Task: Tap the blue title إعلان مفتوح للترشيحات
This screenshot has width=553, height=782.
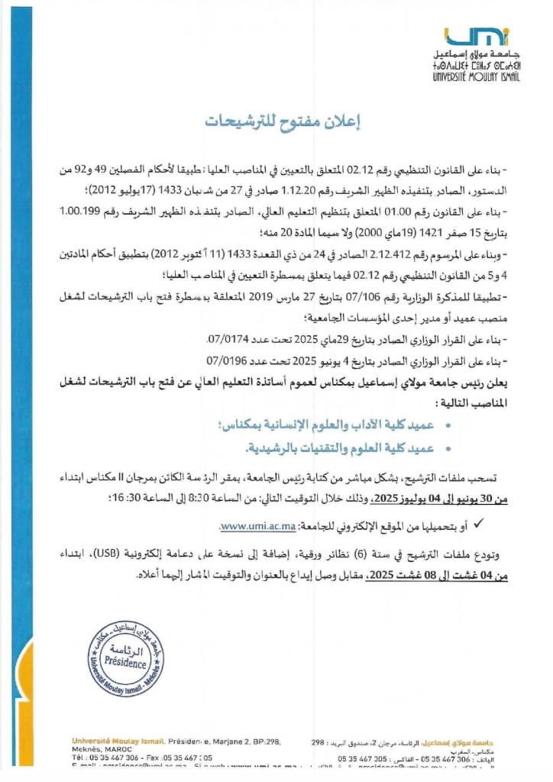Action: click(x=277, y=121)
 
